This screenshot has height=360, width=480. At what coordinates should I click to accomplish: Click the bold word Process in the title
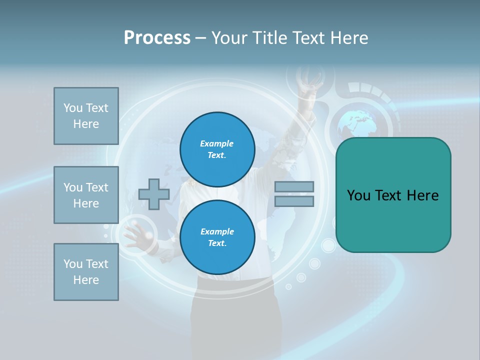157,38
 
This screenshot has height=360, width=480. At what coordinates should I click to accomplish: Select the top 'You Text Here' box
86,116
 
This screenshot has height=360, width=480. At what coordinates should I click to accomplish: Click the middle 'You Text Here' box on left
86,195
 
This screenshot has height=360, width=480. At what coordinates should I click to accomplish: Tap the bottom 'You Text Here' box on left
86,272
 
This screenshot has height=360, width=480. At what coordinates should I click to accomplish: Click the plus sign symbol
154,193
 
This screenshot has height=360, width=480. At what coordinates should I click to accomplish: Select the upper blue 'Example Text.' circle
217,149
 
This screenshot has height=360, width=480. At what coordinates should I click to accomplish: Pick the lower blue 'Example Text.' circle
217,237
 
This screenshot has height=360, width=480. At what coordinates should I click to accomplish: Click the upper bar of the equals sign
294,186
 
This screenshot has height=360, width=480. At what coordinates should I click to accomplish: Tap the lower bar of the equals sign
294,201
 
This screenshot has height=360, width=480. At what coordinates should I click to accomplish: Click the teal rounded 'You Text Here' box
393,195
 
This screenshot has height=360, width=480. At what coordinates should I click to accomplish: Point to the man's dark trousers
232,320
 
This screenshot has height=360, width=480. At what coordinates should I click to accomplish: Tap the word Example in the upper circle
216,143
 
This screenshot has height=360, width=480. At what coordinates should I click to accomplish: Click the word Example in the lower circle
217,231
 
